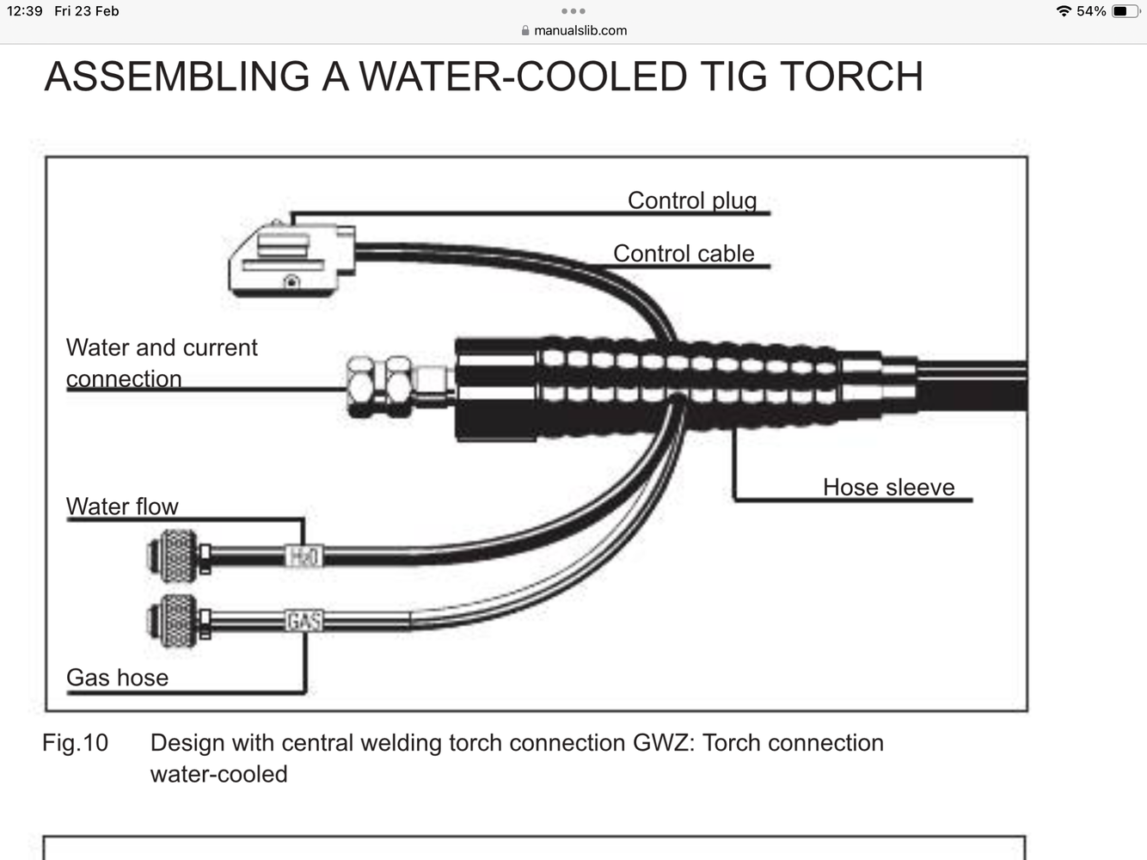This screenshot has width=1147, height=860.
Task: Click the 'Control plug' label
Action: click(x=691, y=200)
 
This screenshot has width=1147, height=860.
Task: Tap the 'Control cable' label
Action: click(x=683, y=254)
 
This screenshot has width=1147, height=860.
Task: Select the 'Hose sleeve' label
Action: click(x=888, y=487)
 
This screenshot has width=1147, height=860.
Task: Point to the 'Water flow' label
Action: click(x=122, y=507)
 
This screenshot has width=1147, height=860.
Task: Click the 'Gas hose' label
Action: click(x=117, y=678)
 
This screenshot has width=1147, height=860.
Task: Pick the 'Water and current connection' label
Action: click(x=161, y=363)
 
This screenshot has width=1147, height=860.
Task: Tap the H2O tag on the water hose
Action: click(x=303, y=556)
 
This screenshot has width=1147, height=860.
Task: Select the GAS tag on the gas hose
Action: click(x=304, y=620)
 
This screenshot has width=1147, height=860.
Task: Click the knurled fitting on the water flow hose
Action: click(x=177, y=555)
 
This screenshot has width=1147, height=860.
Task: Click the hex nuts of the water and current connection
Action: click(x=379, y=386)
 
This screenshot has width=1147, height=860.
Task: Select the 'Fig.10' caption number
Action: click(x=75, y=743)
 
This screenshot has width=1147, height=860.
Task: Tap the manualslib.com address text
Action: click(x=580, y=30)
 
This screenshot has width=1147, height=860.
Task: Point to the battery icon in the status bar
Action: click(x=1125, y=11)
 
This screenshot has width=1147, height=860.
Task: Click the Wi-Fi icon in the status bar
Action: click(x=1064, y=11)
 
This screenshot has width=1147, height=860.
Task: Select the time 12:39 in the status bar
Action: click(x=24, y=11)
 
